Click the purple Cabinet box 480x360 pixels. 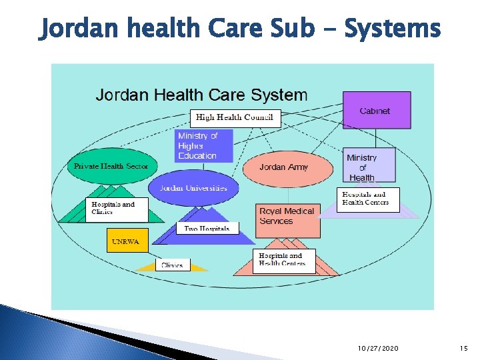point(375,110)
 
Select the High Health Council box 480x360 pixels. point(235,117)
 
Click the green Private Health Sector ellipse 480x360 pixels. point(111,166)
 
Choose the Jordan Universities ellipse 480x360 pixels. point(193,188)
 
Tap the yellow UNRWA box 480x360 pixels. point(125,241)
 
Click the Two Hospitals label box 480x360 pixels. point(207,229)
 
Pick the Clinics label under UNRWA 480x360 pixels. point(171,265)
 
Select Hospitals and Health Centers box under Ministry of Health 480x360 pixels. point(367,199)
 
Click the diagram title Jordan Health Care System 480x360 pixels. point(201,95)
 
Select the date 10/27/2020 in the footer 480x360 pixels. point(378,349)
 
